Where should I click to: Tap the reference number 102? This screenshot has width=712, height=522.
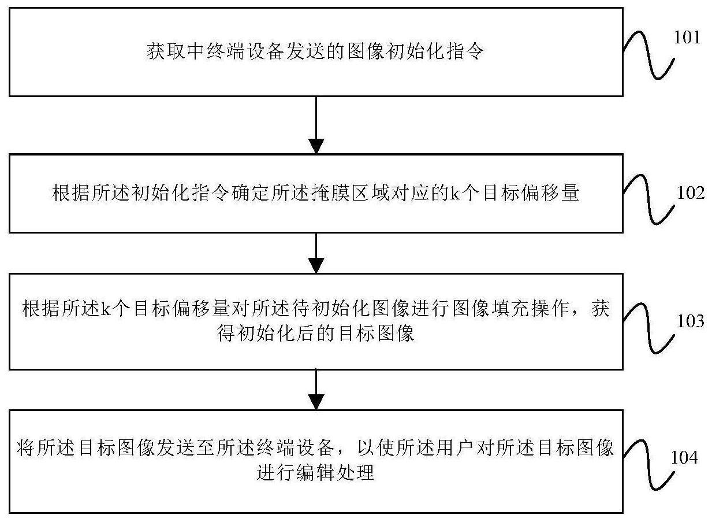[x=691, y=193]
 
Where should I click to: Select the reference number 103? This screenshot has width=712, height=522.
[x=691, y=321]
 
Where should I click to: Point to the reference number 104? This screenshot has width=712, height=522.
[x=684, y=457]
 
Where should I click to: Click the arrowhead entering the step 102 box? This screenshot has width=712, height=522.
[x=316, y=146]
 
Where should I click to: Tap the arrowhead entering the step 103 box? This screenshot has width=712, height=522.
[x=316, y=265]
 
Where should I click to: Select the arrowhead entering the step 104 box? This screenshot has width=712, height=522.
[x=316, y=402]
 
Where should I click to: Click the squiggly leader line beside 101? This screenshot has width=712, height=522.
[x=648, y=55]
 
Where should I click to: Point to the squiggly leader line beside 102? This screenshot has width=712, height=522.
[x=648, y=199]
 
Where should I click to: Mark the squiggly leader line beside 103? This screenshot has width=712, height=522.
[x=648, y=328]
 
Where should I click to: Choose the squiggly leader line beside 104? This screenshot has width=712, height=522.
[x=648, y=465]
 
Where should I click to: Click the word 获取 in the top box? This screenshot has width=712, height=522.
[x=166, y=51]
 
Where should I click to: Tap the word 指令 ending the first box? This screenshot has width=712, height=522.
[x=465, y=51]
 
